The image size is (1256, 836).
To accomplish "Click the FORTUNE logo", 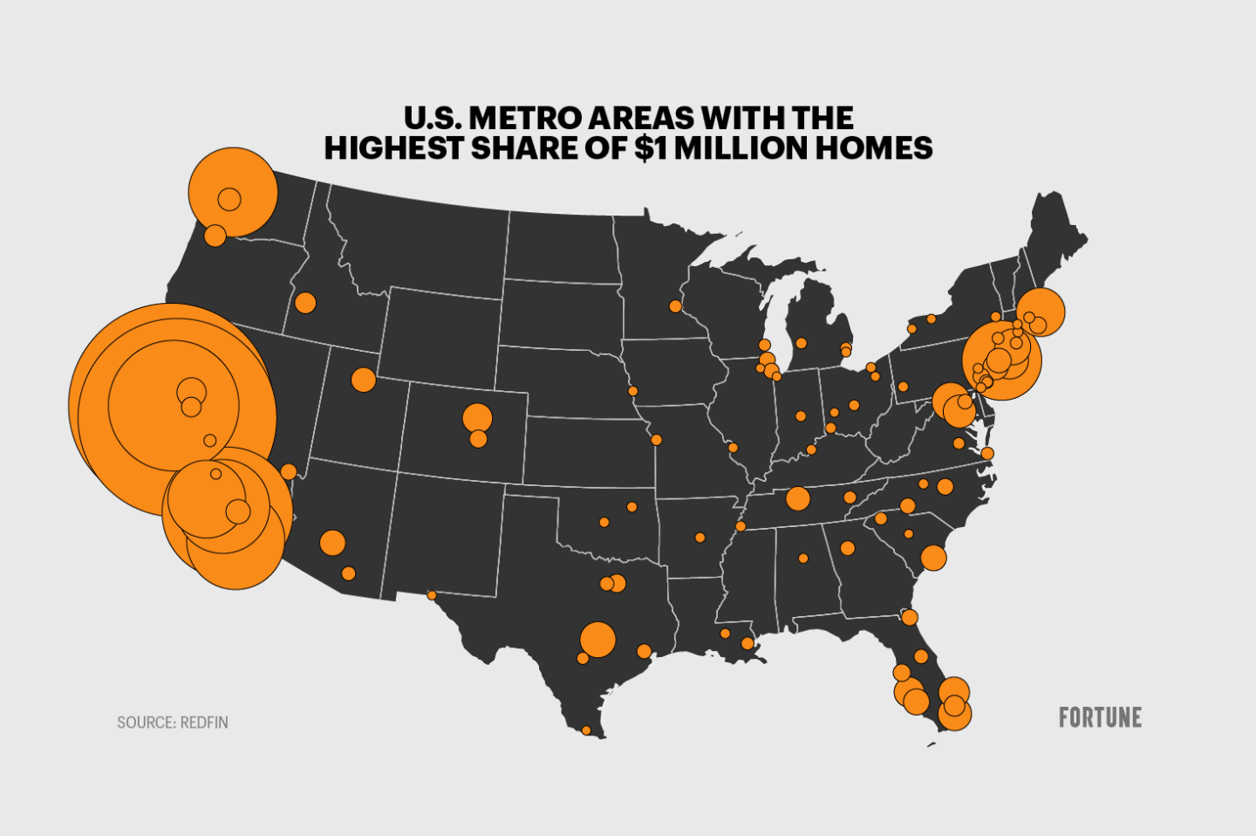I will [x=1100, y=717].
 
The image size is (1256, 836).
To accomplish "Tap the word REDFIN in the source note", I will [x=205, y=723].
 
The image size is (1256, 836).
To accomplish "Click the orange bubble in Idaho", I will [x=305, y=303].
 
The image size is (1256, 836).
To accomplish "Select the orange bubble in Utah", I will [x=364, y=380].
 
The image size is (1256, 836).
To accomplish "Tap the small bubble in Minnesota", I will [x=675, y=306].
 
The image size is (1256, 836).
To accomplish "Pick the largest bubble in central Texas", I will [x=597, y=640].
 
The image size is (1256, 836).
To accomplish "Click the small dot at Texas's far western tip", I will [x=431, y=595].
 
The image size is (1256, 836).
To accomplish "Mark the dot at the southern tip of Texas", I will [x=586, y=730].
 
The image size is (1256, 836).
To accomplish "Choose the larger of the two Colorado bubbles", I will [x=477, y=418].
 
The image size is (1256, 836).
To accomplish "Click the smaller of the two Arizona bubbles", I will [x=349, y=573].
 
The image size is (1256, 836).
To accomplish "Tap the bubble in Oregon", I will [x=215, y=235].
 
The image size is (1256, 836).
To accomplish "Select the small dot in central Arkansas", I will [x=700, y=538].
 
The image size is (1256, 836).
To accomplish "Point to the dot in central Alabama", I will [x=803, y=558].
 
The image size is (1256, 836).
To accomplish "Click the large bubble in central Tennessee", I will [x=798, y=498].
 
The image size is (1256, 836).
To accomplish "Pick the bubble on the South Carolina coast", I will [x=933, y=558].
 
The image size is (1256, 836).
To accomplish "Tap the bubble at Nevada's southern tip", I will [x=289, y=472].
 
